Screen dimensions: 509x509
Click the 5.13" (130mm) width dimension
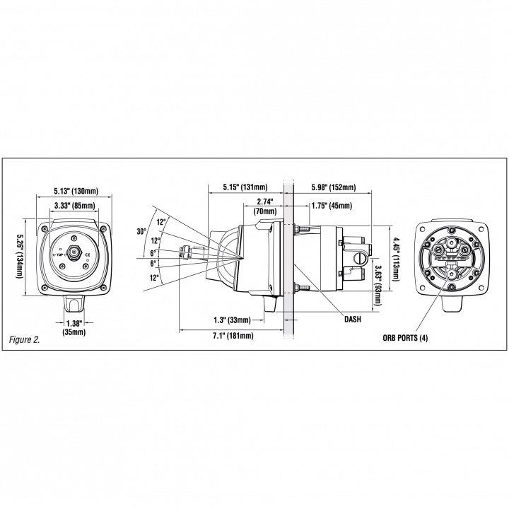click(76, 190)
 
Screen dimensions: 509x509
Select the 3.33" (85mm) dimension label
click(76, 206)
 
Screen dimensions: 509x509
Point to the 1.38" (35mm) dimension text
click(74, 327)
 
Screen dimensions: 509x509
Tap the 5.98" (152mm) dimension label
click(333, 187)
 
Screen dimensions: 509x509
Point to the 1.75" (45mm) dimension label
click(331, 206)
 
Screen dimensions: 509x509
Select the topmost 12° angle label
click(161, 223)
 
